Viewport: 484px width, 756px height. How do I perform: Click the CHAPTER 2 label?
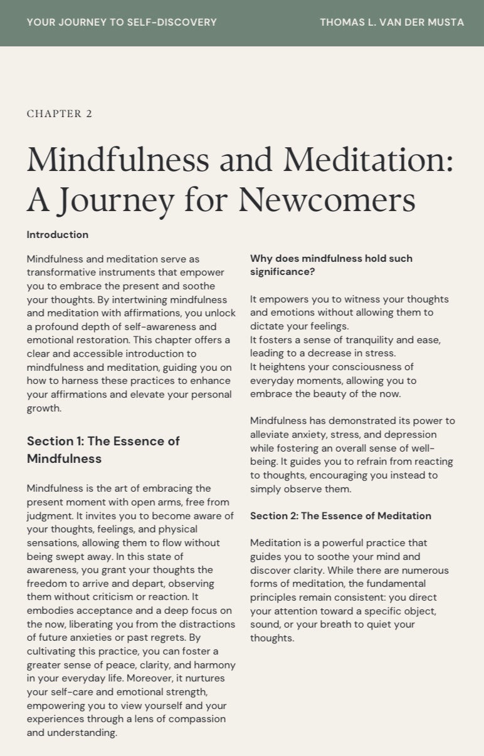[60, 113]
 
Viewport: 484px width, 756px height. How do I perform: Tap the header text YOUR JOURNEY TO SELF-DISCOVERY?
[122, 23]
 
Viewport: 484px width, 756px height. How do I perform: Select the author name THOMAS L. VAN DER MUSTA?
[392, 23]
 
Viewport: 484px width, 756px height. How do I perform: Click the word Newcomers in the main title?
[327, 199]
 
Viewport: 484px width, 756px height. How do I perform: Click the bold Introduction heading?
[58, 235]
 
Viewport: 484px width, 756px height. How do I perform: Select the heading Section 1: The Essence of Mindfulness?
[103, 450]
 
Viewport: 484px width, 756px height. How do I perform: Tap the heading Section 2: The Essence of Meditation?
[340, 516]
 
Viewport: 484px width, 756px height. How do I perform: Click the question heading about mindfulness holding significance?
[331, 265]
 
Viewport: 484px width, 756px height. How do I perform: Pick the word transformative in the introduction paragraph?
[57, 272]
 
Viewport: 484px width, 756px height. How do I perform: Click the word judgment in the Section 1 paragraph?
[49, 515]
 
